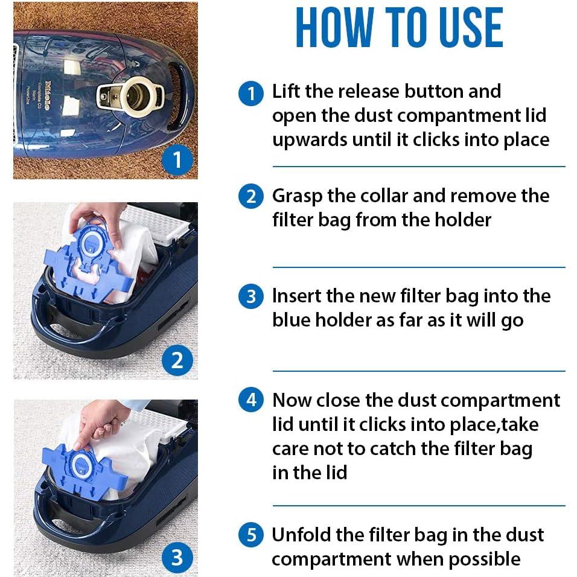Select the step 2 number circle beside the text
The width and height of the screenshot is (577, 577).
point(251,197)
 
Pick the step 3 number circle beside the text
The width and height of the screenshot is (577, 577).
point(251,298)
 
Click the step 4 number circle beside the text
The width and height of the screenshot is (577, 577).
point(251,401)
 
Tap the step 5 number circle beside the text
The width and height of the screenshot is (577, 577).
point(251,535)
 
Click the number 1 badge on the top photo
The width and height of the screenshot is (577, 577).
point(177,159)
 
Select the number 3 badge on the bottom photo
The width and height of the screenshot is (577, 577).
point(177,556)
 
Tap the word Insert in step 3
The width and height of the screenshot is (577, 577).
point(292,296)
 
